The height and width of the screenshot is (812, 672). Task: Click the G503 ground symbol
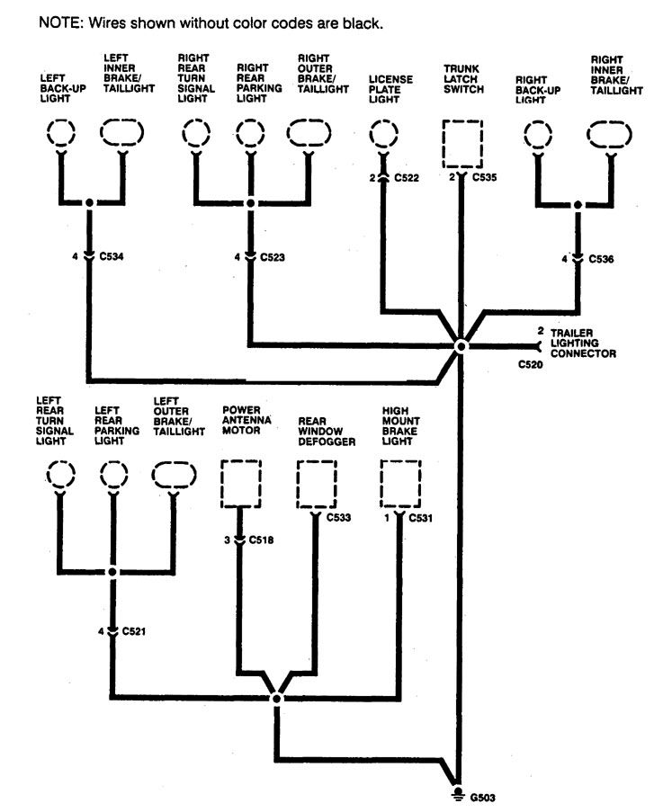[x=458, y=797]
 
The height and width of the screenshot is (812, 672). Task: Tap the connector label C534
[x=112, y=256]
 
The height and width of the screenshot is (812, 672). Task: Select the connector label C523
[x=273, y=257]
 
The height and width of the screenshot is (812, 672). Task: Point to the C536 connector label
[x=601, y=259]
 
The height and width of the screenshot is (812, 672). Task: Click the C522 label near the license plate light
[x=407, y=178]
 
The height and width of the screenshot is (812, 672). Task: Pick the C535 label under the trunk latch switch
[x=484, y=177]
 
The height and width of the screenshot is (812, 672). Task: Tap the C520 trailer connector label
[x=531, y=364]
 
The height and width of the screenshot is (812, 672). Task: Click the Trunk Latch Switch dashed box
[x=462, y=144]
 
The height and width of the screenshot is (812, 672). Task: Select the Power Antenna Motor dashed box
[x=241, y=484]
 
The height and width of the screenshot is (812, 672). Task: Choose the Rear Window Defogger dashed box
[x=317, y=484]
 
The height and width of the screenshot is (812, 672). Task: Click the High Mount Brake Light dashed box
[x=400, y=484]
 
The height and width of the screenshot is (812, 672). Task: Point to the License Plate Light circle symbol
[x=383, y=134]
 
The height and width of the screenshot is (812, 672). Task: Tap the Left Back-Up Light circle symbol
[x=61, y=132]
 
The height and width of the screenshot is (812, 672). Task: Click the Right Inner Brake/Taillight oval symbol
[x=609, y=135]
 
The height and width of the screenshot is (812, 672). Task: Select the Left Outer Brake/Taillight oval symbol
[x=175, y=476]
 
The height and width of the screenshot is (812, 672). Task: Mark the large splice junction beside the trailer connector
[x=460, y=346]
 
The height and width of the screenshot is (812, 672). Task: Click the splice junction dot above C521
[x=113, y=572]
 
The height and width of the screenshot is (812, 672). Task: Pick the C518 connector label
[x=261, y=540]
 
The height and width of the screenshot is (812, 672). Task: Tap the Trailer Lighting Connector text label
[x=584, y=344]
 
